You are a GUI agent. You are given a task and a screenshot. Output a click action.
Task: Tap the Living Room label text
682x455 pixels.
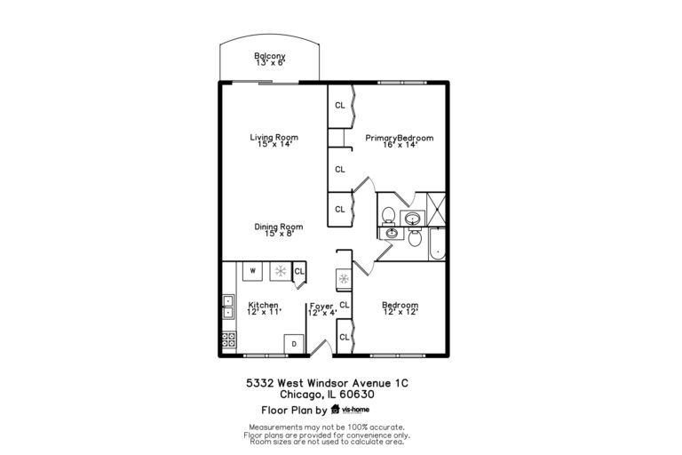click(274, 137)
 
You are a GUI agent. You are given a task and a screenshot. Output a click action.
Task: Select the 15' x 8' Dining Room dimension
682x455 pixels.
click(274, 234)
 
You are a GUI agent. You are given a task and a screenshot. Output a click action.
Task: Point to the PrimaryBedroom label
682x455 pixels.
click(400, 138)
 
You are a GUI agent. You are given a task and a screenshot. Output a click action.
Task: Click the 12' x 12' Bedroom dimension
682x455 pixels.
click(400, 312)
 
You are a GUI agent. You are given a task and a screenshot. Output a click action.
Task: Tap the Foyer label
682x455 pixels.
click(321, 305)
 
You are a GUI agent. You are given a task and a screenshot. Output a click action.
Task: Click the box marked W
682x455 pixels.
click(252, 270)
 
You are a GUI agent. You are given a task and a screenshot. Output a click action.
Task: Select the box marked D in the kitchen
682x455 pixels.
click(292, 344)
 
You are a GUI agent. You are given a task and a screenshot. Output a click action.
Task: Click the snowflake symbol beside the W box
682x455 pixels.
click(279, 270)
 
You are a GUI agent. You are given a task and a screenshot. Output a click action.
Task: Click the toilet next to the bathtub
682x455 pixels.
click(414, 237)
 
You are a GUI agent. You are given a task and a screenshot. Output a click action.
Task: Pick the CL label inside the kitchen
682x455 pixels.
click(299, 271)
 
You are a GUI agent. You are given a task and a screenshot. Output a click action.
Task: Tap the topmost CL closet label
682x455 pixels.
click(340, 105)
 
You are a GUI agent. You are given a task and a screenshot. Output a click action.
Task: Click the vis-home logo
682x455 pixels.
click(351, 410)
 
